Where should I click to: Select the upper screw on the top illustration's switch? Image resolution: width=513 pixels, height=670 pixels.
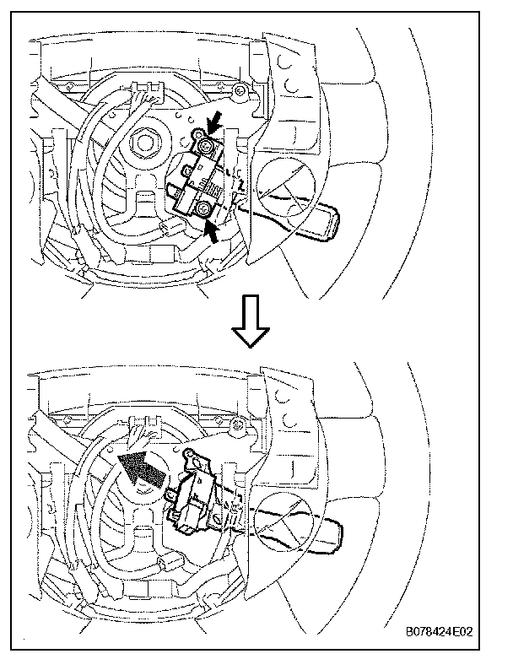(206, 146)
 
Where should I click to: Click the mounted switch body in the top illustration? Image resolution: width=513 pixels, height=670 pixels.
(202, 178)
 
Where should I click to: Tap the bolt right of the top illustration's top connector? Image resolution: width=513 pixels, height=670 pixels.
(241, 89)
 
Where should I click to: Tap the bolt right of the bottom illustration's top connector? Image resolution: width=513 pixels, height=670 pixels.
(242, 424)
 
